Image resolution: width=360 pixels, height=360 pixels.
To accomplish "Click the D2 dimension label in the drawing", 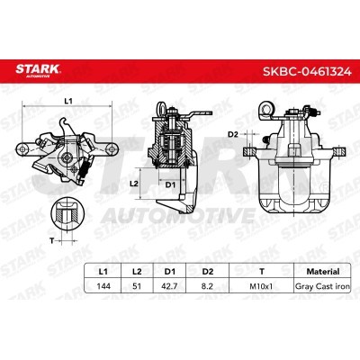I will coord(232,134).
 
